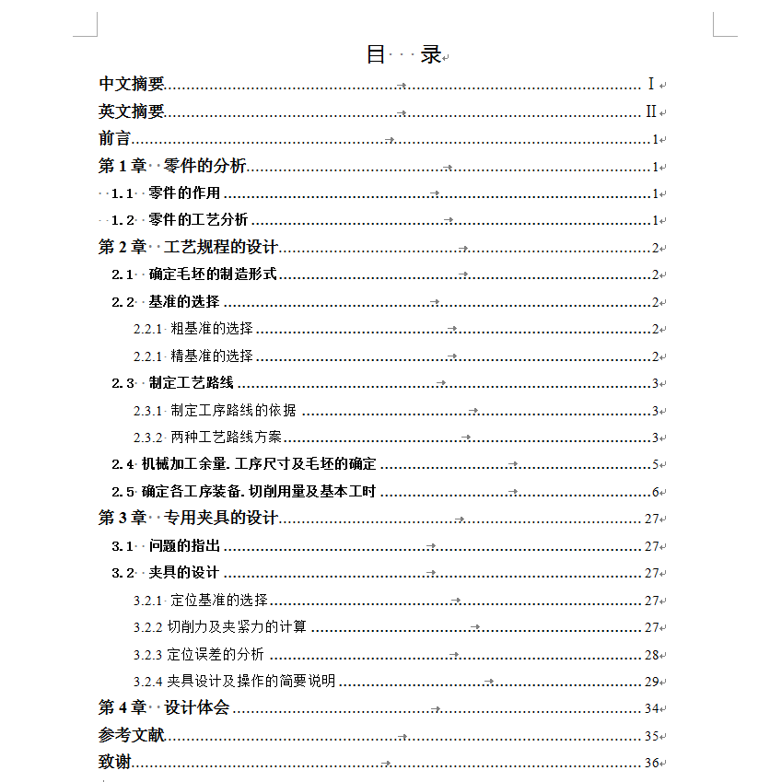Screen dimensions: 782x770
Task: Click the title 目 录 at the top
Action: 404,54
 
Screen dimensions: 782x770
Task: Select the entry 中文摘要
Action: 132,85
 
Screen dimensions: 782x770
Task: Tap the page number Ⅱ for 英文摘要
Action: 650,112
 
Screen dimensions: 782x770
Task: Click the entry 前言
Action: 115,139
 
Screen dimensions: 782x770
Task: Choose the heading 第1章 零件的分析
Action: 172,167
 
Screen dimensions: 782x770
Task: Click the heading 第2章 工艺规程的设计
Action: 188,248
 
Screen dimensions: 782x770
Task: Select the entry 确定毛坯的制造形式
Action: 213,274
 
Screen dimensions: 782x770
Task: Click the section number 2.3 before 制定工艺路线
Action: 122,383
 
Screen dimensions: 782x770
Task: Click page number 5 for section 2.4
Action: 655,465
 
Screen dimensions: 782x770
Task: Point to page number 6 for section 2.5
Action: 655,492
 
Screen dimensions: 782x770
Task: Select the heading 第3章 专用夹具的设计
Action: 188,519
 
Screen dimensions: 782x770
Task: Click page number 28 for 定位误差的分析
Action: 651,655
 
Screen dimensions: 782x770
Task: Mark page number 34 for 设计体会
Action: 651,709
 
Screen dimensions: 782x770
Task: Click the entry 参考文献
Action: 132,736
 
